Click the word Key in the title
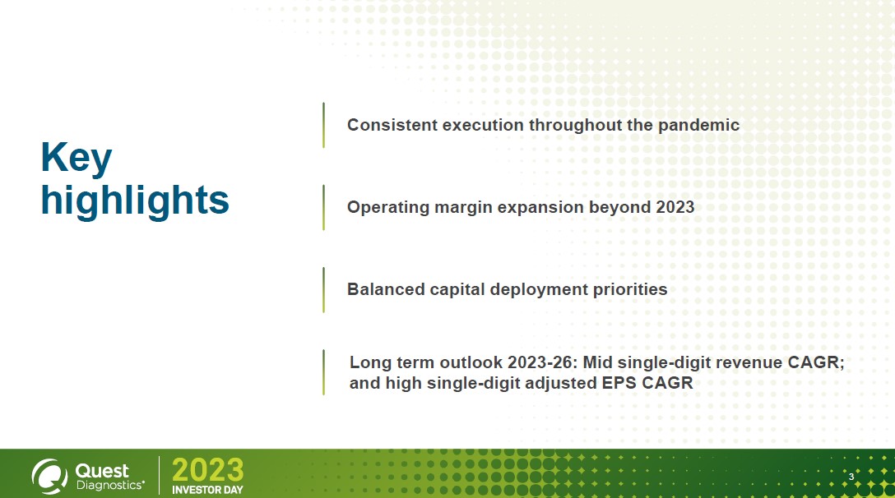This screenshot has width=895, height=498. [x=77, y=158]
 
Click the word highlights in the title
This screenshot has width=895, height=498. [x=135, y=201]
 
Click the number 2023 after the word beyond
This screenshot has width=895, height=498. [x=675, y=207]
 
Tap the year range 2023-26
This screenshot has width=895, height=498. [x=542, y=362]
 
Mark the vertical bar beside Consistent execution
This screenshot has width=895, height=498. [x=323, y=125]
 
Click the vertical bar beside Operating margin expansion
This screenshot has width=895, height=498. [x=323, y=207]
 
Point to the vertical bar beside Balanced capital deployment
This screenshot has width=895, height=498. [x=323, y=290]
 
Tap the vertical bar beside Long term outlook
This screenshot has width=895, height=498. [x=323, y=372]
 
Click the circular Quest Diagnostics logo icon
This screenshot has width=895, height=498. [x=49, y=477]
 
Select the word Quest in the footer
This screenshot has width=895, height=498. [x=102, y=471]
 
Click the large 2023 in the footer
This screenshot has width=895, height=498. [x=208, y=471]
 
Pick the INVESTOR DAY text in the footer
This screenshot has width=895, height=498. [x=208, y=490]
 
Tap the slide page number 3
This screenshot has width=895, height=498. [x=851, y=477]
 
